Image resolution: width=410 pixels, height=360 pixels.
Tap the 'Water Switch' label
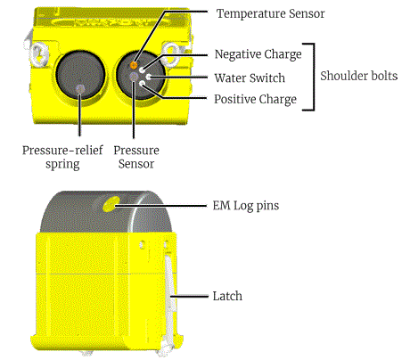click(x=250, y=78)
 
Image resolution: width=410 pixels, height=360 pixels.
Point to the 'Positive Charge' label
click(x=255, y=99)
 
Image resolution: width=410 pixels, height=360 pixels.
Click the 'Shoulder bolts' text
click(x=360, y=77)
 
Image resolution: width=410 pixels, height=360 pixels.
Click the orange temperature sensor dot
click(x=135, y=65)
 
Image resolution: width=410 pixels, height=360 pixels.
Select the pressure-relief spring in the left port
click(x=82, y=88)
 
